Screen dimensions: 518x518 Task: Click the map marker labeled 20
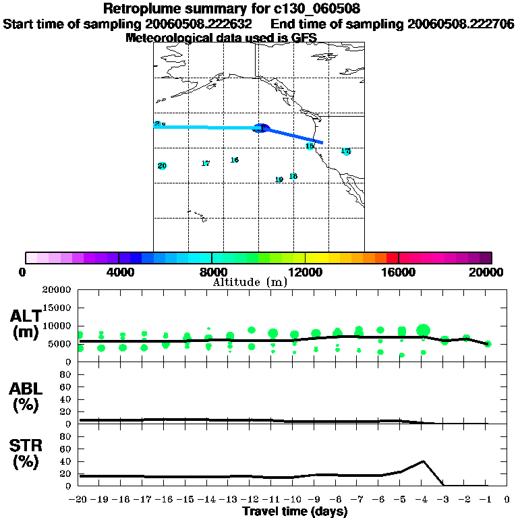(162, 166)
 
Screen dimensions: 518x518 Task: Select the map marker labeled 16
(234, 160)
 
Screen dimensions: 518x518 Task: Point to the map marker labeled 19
(279, 180)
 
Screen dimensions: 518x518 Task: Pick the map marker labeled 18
(293, 176)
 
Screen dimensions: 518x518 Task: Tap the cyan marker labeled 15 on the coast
(310, 146)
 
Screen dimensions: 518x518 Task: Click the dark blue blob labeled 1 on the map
(260, 127)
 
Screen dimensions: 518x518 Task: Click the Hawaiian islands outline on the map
(196, 216)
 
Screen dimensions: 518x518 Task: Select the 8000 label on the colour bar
(211, 272)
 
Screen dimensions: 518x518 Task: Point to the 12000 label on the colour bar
(305, 272)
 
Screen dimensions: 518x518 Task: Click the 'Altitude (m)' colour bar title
(250, 282)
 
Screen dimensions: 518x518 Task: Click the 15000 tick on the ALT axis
(58, 308)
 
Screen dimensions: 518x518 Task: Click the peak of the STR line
(423, 461)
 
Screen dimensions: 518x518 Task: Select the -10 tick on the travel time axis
(292, 500)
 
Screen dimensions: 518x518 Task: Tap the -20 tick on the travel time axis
(79, 500)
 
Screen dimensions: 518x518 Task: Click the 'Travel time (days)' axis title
(295, 511)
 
